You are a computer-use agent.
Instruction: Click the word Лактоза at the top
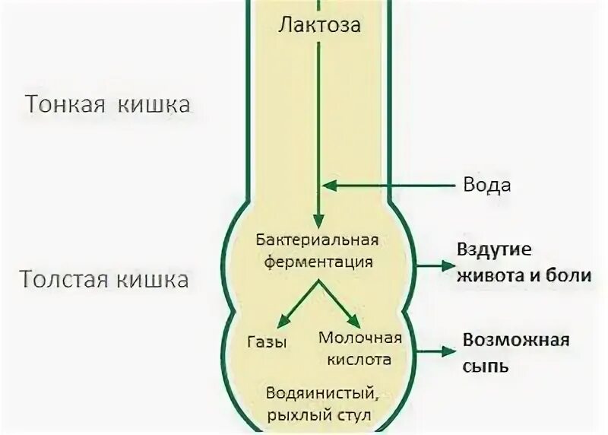[319, 24]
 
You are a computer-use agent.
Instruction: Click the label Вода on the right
[487, 185]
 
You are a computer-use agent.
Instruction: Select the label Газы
[268, 342]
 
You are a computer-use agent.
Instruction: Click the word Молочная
[359, 338]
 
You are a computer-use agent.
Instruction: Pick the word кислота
[360, 358]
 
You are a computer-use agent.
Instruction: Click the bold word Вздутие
[493, 250]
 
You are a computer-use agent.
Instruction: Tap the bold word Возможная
[516, 339]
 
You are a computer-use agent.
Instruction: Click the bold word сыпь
[486, 365]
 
